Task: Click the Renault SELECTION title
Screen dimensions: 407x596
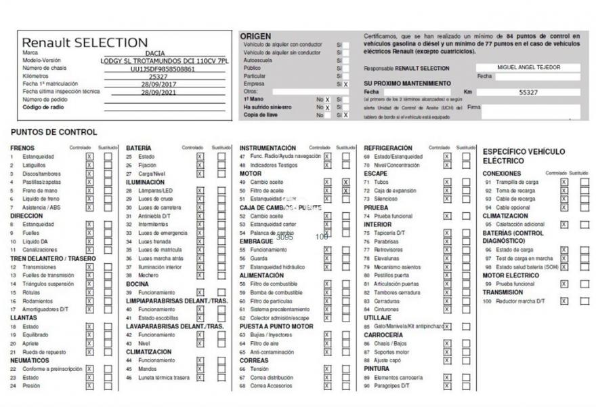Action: point(85,42)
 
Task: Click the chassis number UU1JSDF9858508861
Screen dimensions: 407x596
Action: point(163,69)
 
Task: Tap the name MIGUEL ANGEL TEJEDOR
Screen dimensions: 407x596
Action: point(528,68)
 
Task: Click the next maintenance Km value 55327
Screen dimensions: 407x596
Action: point(528,92)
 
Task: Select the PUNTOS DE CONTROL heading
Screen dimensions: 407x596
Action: point(54,132)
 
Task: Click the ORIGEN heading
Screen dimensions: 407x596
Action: point(255,36)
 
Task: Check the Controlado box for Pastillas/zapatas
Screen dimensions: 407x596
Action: point(89,182)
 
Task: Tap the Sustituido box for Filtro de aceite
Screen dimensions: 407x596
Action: point(346,191)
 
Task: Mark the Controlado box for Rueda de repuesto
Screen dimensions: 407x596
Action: point(89,352)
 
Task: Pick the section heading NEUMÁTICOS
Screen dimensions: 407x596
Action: point(30,360)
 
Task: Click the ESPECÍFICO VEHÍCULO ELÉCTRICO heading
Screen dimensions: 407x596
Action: point(524,156)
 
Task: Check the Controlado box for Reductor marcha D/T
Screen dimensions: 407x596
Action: point(563,301)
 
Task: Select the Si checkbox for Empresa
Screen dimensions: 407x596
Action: point(345,84)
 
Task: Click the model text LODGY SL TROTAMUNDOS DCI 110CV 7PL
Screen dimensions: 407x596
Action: point(165,60)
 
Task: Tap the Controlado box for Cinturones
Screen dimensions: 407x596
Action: point(447,309)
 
